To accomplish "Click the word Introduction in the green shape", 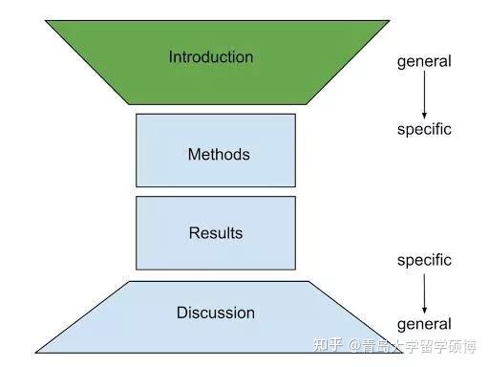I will (x=211, y=56).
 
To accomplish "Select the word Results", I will (x=215, y=233).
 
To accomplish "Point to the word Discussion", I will (x=216, y=313).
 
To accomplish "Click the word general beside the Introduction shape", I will (x=423, y=62).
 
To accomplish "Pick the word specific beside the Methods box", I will (x=423, y=129).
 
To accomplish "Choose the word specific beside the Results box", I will (x=423, y=260).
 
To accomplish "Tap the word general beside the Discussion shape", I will (x=423, y=324).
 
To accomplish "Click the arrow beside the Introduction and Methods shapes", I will (x=424, y=96).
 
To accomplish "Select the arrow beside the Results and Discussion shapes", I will (x=424, y=291).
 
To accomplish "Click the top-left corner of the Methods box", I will (x=137, y=115).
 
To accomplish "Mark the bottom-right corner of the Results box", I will (x=295, y=270).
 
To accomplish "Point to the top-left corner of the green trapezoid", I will (x=45, y=21).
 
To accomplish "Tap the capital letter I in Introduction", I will (x=171, y=56).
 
